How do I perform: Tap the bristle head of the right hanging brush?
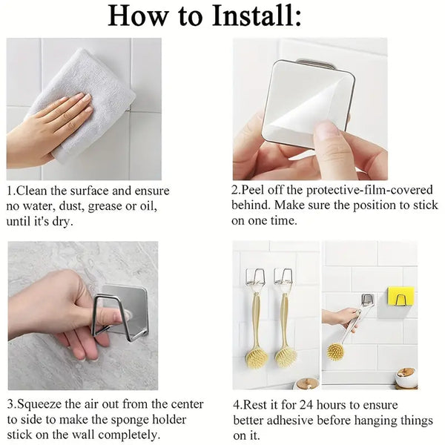(287, 356)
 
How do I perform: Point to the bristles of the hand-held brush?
(335, 351)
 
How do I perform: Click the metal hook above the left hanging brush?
(254, 277)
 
